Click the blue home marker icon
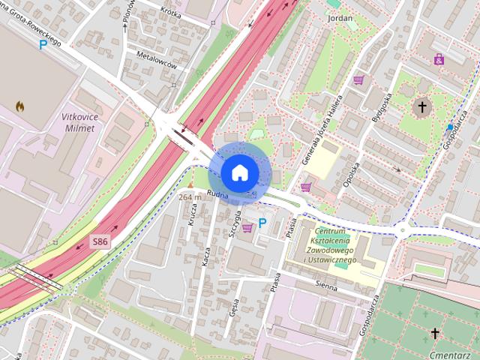(238, 172)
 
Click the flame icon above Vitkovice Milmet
(19, 106)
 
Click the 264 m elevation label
(190, 197)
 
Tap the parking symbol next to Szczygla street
(262, 223)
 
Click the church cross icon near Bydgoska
(422, 107)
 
